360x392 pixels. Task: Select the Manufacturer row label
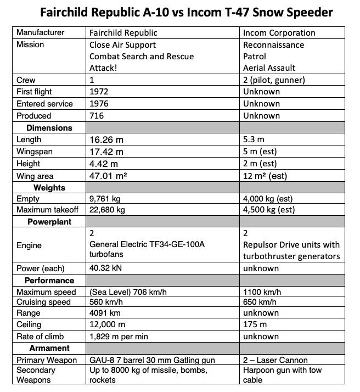tap(40, 33)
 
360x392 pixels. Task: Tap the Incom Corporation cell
tap(279, 33)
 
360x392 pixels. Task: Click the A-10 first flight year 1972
tap(99, 92)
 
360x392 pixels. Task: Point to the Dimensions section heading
tap(49, 128)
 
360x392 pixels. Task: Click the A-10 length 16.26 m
tap(106, 140)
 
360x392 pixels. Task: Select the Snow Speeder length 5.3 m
tap(254, 140)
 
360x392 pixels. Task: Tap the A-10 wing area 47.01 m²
tap(112, 176)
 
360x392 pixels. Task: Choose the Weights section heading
tap(49, 188)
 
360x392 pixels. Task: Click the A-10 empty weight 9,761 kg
tap(108, 199)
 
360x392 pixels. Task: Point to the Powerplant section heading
tap(49, 222)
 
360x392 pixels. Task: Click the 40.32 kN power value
tap(106, 268)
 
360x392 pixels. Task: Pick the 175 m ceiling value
tap(255, 324)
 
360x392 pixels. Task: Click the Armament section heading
tap(49, 348)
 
